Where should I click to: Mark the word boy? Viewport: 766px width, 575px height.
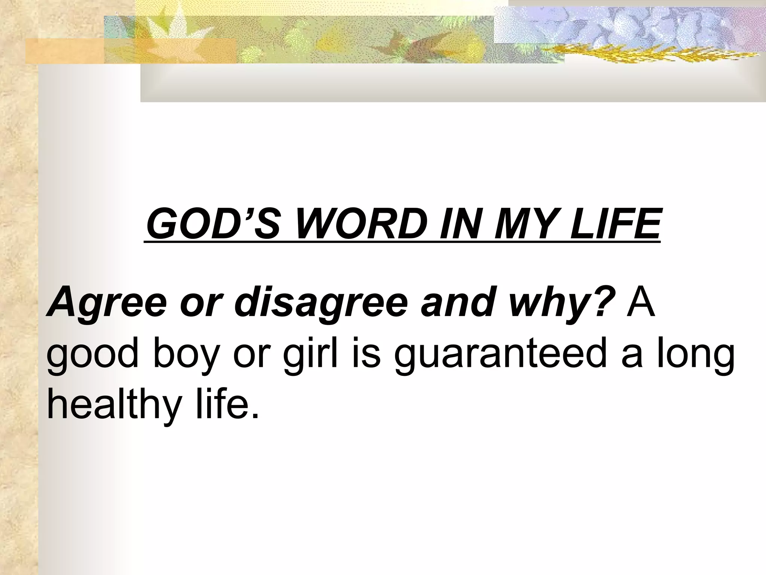point(186,355)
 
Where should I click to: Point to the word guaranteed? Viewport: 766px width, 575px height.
point(500,355)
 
